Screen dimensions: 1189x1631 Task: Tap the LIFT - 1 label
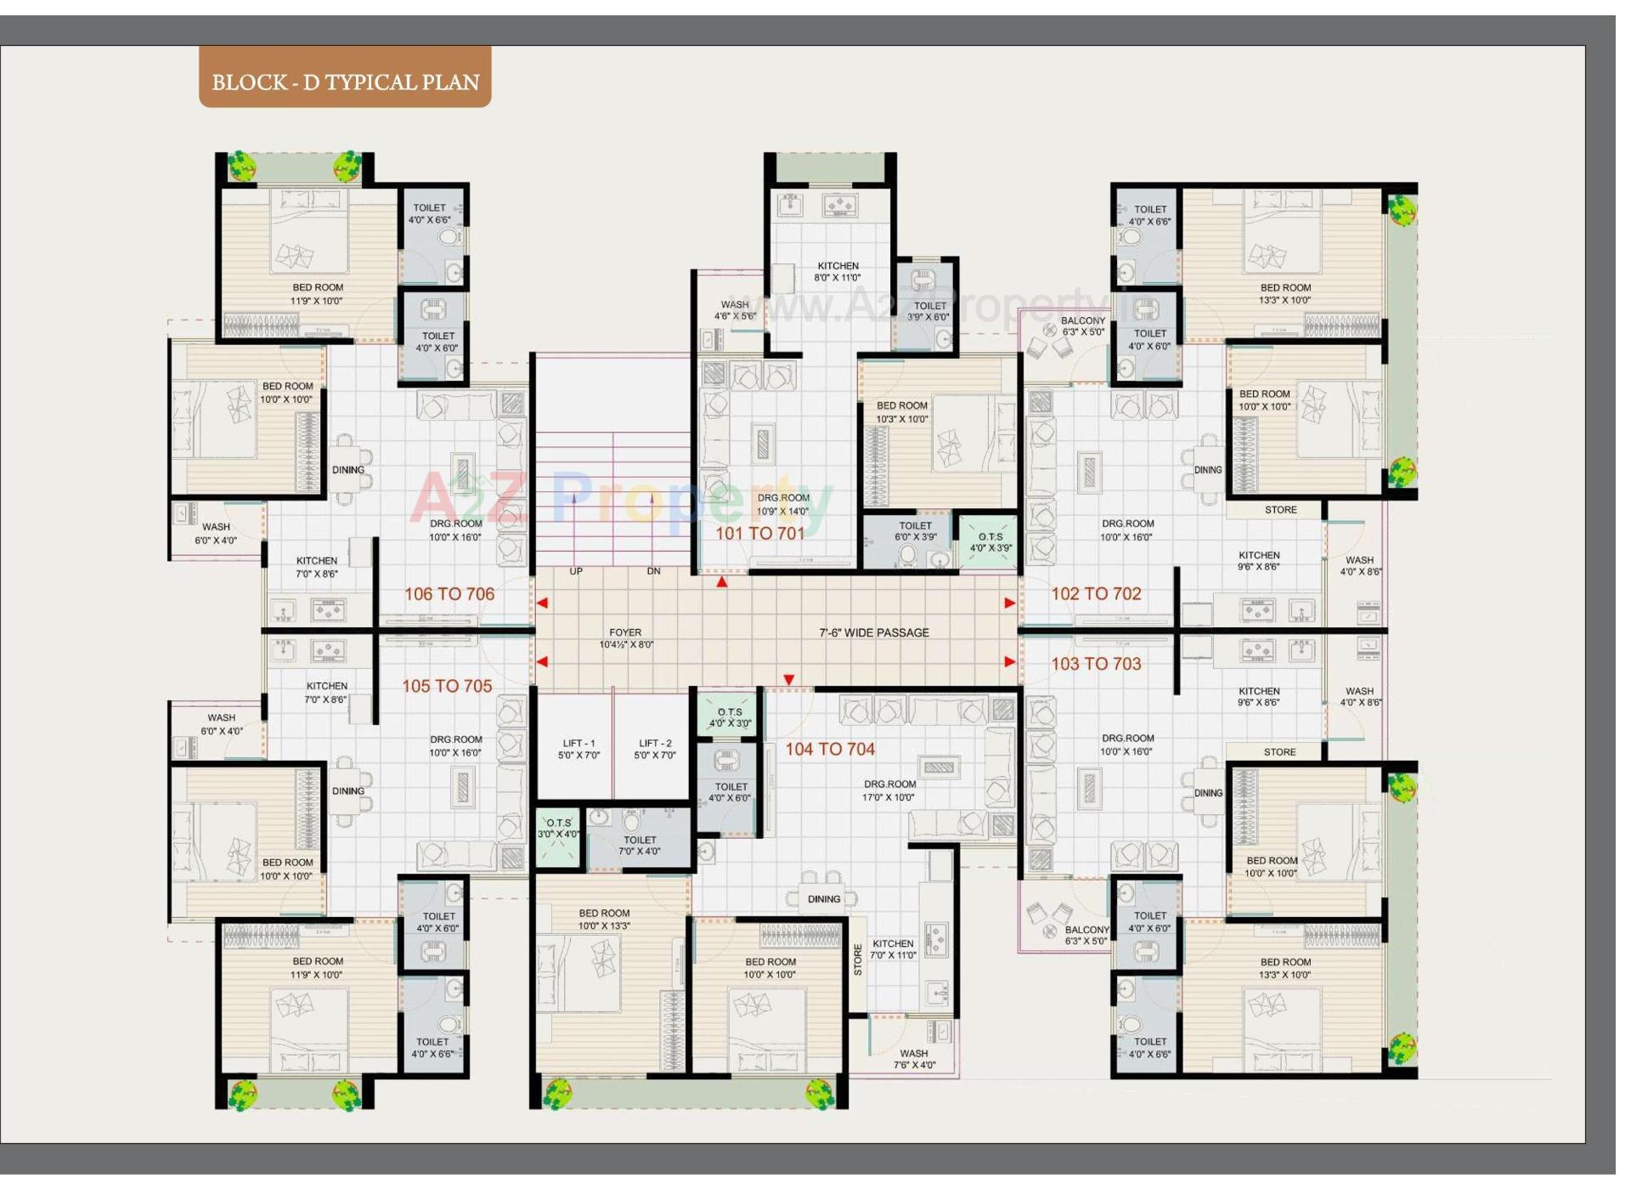578,749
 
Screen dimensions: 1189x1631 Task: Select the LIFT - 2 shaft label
655,749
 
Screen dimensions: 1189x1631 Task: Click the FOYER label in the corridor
625,638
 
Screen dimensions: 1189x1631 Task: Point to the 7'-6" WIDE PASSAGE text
873,633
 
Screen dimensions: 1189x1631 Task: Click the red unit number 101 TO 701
759,534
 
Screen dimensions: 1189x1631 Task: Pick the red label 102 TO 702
1096,594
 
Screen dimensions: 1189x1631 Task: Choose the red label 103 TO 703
1096,664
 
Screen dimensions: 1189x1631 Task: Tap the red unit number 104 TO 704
829,749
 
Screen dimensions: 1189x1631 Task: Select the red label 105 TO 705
447,686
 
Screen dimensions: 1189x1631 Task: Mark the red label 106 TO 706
449,594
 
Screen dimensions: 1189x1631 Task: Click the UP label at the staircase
576,571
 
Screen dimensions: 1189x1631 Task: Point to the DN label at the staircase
653,571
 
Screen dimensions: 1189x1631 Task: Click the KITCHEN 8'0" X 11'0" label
838,272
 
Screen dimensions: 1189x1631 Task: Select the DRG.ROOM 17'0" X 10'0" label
889,790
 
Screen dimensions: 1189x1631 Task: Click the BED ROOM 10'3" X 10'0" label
901,412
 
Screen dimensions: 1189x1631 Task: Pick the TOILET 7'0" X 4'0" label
640,846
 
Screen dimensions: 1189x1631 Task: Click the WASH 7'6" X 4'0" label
914,1059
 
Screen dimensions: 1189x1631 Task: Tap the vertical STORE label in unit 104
858,960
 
